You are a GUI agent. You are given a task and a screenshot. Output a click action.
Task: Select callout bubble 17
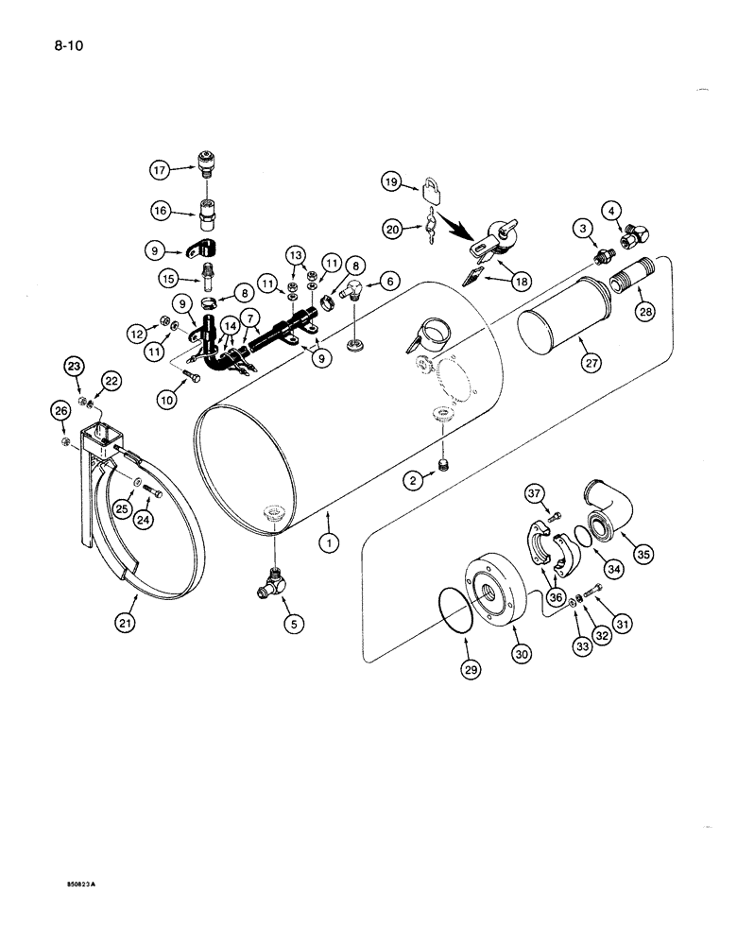159,172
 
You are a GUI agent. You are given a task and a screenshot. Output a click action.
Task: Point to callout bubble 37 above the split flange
536,492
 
